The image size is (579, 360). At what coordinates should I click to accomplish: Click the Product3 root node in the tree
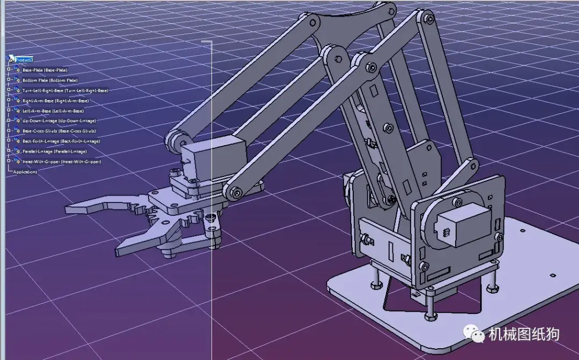click(x=25, y=59)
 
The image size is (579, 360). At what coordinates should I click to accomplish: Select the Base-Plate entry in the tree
click(x=45, y=70)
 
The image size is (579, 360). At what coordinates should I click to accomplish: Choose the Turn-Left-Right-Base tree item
click(x=65, y=91)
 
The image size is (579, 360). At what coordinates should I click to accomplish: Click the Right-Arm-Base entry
click(x=55, y=101)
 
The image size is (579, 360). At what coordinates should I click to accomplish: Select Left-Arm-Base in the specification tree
click(x=53, y=111)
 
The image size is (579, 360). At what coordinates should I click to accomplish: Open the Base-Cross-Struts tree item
click(x=59, y=131)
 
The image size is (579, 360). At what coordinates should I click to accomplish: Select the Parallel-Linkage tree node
click(x=54, y=152)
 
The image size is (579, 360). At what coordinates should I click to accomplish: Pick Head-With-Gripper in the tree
click(x=62, y=162)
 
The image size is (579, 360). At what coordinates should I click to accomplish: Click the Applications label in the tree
click(x=25, y=172)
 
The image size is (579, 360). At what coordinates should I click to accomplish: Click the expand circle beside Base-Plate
click(x=9, y=70)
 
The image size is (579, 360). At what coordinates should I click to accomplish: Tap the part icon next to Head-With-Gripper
click(x=17, y=161)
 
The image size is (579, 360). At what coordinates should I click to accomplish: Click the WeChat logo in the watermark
click(x=476, y=334)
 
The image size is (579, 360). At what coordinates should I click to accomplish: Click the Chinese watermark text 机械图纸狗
click(x=524, y=334)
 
